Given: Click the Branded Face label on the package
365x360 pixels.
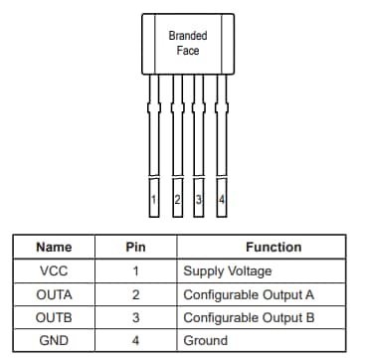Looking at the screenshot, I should click(x=188, y=42).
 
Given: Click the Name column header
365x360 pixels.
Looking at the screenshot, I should click(x=54, y=247).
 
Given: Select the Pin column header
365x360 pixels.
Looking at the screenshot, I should click(x=136, y=247).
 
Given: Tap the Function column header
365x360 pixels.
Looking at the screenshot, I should click(x=274, y=247).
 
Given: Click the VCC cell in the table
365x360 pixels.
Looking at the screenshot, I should click(x=54, y=270).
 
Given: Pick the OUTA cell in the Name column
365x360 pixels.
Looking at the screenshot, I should click(x=54, y=294).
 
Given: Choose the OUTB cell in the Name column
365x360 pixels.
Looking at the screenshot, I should click(x=54, y=318).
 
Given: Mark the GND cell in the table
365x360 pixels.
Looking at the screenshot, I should click(x=54, y=341).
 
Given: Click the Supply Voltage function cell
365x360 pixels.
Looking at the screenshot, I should click(x=227, y=270).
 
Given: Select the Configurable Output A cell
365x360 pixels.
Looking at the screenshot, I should click(x=249, y=294).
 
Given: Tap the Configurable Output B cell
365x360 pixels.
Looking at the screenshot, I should click(x=249, y=318).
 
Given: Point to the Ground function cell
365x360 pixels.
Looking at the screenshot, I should click(x=205, y=341).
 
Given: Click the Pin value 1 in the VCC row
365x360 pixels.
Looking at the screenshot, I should click(x=136, y=270).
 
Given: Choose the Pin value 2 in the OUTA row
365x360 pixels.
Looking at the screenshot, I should click(x=136, y=294).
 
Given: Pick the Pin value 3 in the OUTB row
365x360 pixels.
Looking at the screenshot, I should click(x=136, y=318).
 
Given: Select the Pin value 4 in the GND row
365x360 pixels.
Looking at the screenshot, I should click(x=136, y=341).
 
